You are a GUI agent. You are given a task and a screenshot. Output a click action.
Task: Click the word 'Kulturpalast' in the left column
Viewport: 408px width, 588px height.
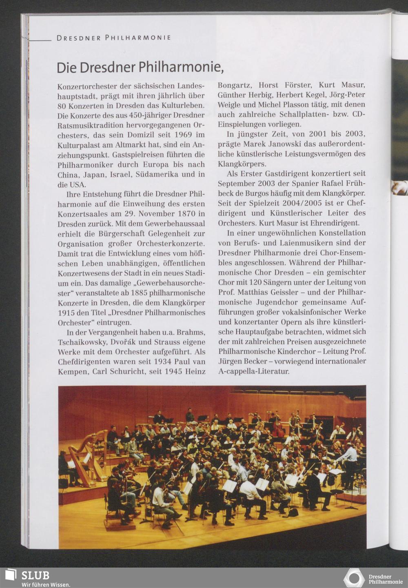[x=79, y=145]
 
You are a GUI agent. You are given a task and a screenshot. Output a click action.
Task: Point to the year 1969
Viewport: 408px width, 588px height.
[x=183, y=135]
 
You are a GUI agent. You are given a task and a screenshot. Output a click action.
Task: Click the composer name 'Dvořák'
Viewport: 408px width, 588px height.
[x=124, y=342]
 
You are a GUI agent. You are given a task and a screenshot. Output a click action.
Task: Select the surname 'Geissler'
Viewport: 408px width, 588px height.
[x=293, y=292]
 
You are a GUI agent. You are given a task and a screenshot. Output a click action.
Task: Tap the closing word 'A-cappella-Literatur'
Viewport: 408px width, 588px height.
[x=254, y=371]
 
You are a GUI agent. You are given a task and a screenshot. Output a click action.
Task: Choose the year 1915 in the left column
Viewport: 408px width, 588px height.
[x=66, y=313]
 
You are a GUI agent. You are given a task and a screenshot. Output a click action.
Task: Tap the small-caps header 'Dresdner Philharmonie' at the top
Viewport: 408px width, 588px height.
[x=113, y=38]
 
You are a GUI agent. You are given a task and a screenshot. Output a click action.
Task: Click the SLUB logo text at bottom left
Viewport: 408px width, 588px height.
[x=35, y=575]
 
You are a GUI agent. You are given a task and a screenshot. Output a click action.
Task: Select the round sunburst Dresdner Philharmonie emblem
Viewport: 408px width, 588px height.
[x=353, y=578]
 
